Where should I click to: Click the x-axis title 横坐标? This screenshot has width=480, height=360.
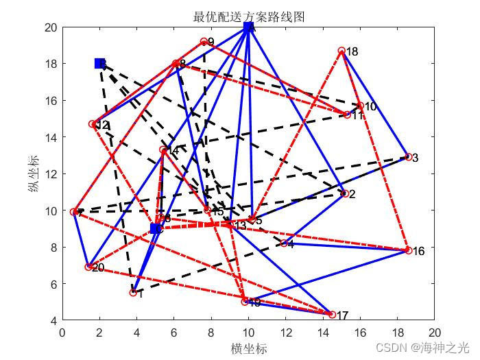point(248,348)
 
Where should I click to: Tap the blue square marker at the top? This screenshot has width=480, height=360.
point(248,27)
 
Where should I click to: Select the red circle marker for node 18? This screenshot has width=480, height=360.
point(341,51)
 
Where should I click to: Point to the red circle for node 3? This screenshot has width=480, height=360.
point(409,157)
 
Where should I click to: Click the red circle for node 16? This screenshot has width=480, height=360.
point(409,250)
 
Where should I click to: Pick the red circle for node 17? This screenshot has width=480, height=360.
point(333,315)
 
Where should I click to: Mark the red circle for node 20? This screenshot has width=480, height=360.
point(88,267)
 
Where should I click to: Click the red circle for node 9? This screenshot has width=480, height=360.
point(204,42)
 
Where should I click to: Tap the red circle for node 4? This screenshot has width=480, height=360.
point(284,243)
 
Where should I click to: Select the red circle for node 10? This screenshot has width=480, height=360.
point(360,106)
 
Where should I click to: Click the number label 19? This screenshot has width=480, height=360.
point(254,302)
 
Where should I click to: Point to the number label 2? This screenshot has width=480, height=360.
point(352,195)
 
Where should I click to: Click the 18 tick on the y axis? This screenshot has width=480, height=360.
point(51,64)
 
